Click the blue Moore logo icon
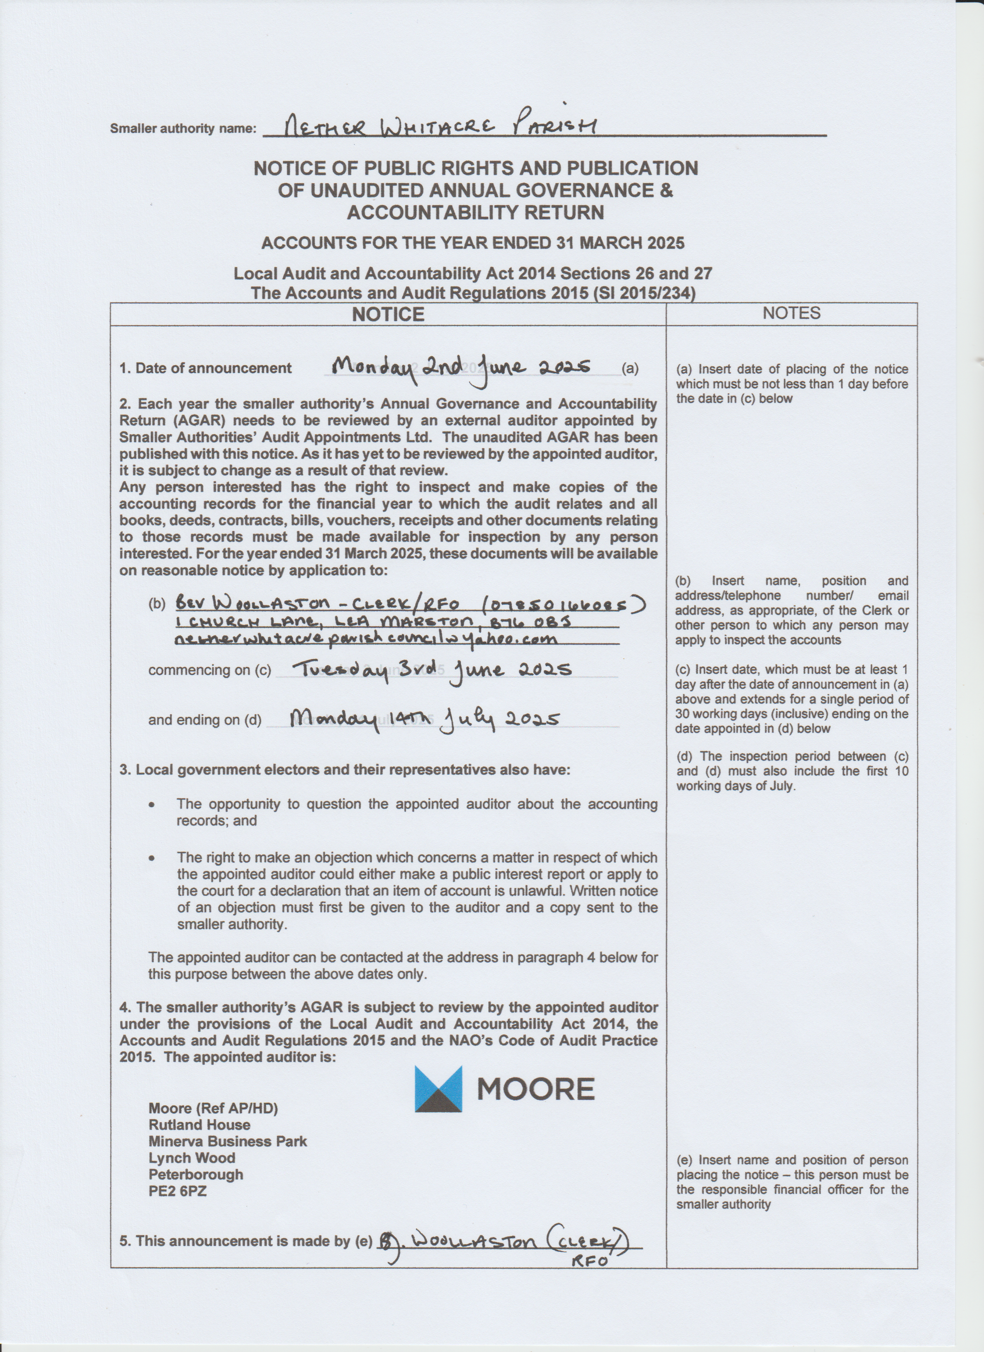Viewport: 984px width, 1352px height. pos(438,1089)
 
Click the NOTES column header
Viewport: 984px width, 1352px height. pos(791,313)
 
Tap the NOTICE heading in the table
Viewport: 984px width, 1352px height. pos(388,314)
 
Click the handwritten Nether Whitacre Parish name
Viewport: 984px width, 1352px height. pos(440,126)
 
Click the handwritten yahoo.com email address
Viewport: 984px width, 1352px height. pos(366,639)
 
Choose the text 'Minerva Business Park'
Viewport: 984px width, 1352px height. pos(228,1141)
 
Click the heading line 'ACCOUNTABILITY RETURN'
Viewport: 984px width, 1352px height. pos(475,212)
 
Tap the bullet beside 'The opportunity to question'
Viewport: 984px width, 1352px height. pos(153,804)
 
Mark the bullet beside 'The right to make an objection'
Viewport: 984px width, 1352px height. pos(153,858)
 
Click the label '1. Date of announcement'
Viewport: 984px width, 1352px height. pos(206,368)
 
